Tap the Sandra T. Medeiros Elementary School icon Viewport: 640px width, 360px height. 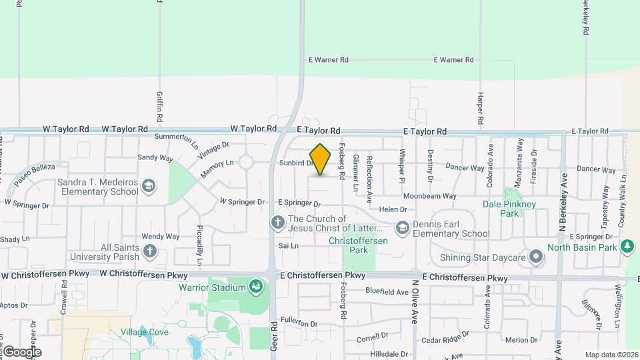pos(149,186)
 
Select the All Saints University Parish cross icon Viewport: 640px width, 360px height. pos(150,251)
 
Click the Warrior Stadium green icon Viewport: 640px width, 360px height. pos(254,287)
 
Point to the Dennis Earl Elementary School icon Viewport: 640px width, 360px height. pos(402,228)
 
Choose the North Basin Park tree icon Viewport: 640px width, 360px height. pos(627,247)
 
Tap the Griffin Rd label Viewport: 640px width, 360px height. pos(160,107)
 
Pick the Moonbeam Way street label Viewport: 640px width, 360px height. pos(430,196)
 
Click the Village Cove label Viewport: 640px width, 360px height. pos(145,332)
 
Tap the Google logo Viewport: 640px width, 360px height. pos(21,351)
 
